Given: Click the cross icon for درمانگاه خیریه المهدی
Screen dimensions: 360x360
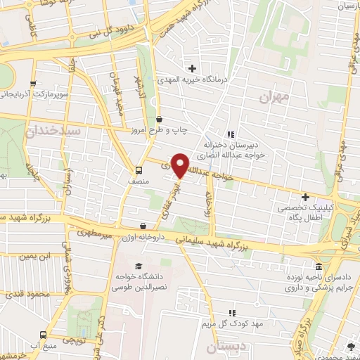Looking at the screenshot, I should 192,68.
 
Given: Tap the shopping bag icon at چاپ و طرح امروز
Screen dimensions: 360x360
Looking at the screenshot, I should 159,119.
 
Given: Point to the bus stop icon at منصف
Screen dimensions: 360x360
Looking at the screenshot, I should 139,169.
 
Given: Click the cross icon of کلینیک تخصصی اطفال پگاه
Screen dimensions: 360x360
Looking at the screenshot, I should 304,197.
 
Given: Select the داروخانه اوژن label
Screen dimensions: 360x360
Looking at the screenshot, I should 141,238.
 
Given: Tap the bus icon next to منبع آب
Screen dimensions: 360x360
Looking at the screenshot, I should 44,335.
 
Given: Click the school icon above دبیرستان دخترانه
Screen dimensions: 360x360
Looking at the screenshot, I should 230,134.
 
